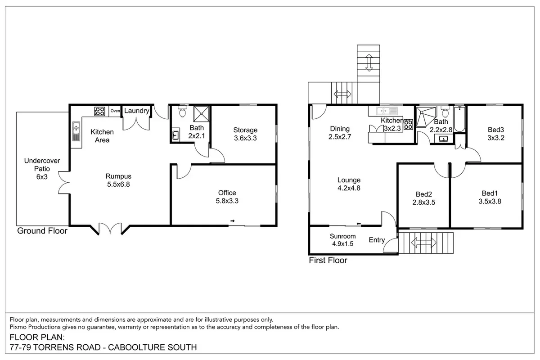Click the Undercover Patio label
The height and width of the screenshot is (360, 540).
click(42, 169)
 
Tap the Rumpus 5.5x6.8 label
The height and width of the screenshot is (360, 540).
click(118, 180)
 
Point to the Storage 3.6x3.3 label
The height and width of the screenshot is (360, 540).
click(245, 134)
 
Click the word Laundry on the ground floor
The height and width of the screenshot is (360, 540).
click(136, 111)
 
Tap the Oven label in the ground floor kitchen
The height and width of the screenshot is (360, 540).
click(115, 111)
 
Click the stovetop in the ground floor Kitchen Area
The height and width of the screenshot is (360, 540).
click(99, 111)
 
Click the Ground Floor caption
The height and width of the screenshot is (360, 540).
click(42, 231)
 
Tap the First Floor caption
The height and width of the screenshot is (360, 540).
click(328, 260)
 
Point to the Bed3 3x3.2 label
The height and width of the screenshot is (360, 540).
click(495, 134)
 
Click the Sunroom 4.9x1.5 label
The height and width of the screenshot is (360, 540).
click(343, 240)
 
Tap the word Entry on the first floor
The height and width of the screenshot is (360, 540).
click(377, 240)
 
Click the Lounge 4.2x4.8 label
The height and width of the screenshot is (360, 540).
click(349, 184)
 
